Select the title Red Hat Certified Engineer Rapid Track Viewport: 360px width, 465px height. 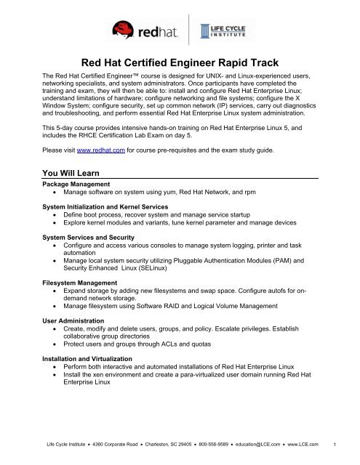click(x=180, y=65)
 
